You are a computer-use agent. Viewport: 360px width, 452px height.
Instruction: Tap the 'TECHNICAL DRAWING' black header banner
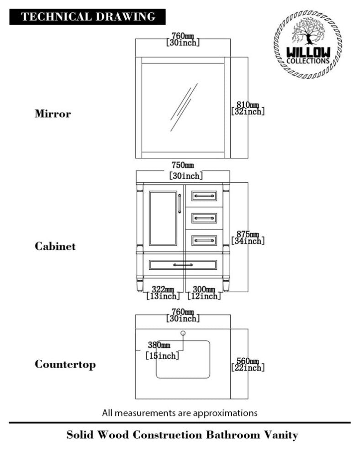(x=88, y=17)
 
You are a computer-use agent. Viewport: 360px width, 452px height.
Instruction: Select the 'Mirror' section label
(x=53, y=114)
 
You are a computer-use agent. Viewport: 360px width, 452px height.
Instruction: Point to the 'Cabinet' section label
(x=55, y=246)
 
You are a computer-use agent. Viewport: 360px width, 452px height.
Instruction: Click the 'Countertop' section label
(x=65, y=364)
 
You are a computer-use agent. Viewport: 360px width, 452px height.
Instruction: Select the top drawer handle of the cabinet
(x=204, y=196)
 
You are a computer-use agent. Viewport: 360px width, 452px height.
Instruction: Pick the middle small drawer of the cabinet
(x=204, y=218)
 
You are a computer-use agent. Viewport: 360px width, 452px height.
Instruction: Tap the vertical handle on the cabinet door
(x=180, y=203)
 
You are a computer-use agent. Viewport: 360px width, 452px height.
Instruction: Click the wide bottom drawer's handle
(x=183, y=264)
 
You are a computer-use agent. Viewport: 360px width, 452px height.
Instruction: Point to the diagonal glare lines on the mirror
(x=184, y=107)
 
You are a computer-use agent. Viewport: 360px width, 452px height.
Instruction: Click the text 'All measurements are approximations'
(x=180, y=413)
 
